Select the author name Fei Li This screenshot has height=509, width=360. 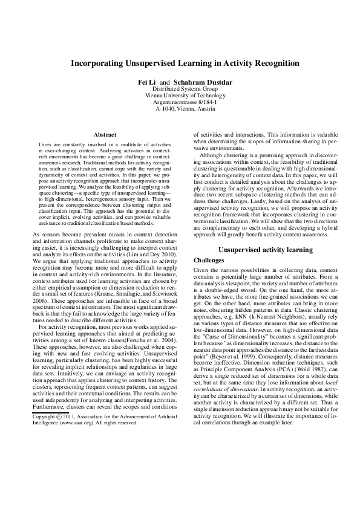tap(148, 80)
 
